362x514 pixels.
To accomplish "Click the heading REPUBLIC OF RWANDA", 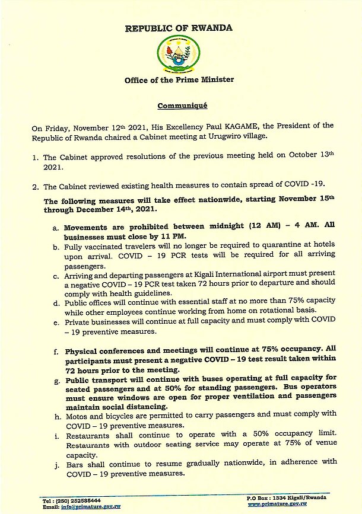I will click(x=179, y=28).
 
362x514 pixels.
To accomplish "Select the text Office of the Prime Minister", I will click(x=179, y=80).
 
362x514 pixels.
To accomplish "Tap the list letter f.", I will click(x=56, y=352).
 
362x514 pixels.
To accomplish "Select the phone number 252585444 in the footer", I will click(x=80, y=500).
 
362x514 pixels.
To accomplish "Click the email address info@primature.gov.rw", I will click(x=90, y=507).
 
